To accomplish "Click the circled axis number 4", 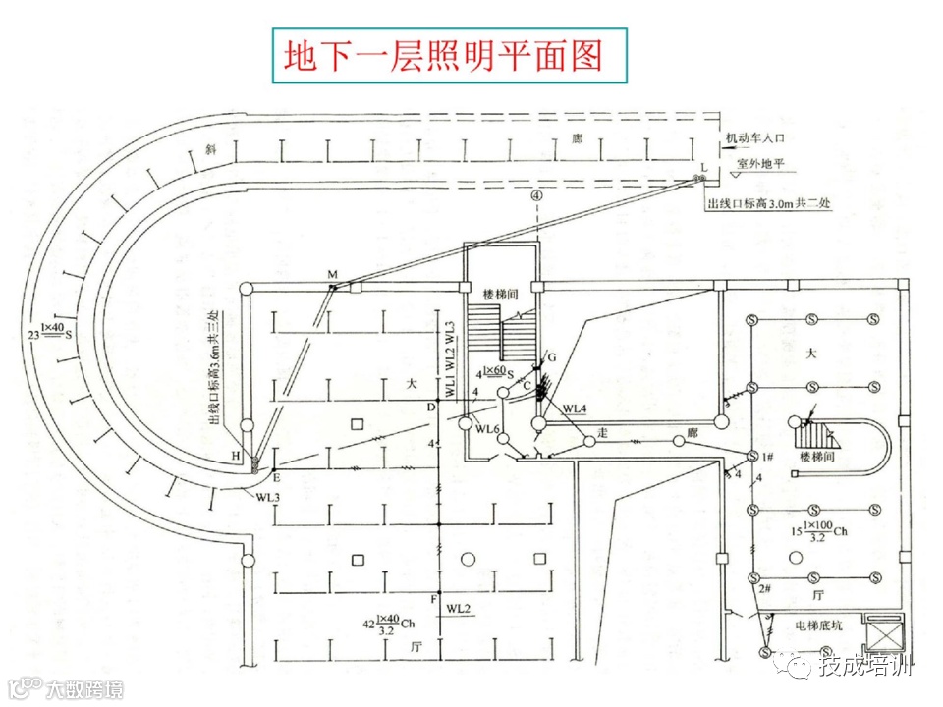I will (535, 195).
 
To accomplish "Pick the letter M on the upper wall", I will (332, 272).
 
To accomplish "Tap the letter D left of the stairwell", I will (429, 407).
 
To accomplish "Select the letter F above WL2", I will (433, 598).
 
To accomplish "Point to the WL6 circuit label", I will (488, 429).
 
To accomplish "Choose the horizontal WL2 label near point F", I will (459, 610).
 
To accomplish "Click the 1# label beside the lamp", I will (769, 458).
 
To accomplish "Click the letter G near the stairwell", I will (551, 355).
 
